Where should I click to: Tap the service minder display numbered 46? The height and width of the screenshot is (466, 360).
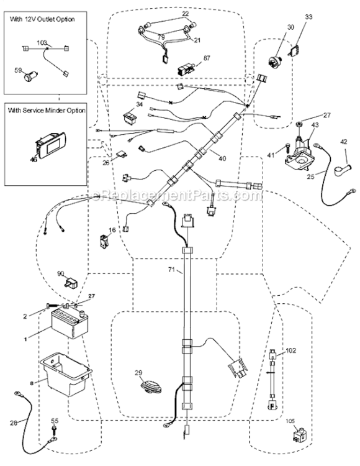coord(47,147)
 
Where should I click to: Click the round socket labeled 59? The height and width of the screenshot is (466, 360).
coord(29,78)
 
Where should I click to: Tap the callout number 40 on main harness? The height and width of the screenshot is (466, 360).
coord(222,158)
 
